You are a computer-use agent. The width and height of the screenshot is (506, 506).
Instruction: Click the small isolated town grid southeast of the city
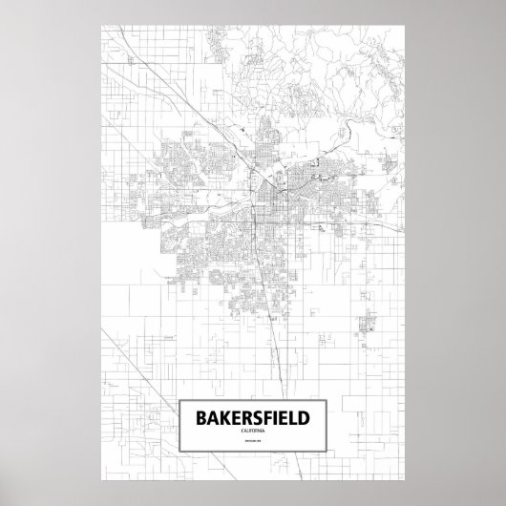(x=369, y=329)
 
